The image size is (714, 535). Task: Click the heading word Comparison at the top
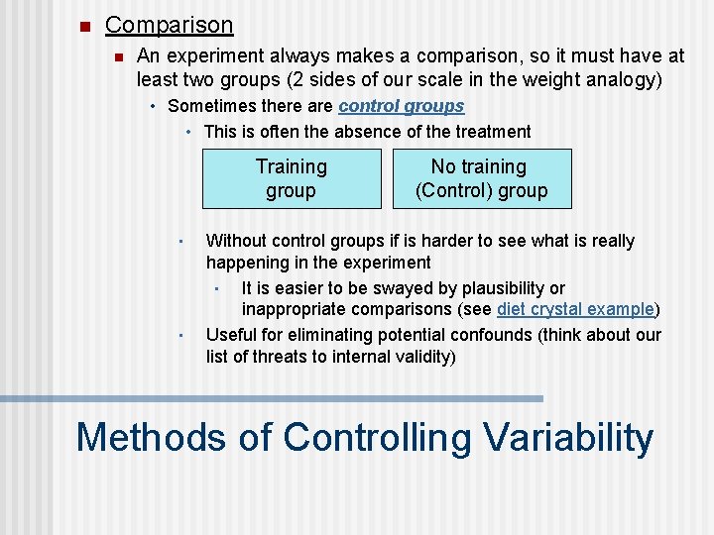tap(169, 25)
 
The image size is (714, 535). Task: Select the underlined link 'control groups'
tap(401, 106)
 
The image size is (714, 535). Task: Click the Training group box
tap(292, 178)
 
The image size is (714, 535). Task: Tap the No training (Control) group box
tap(481, 178)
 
